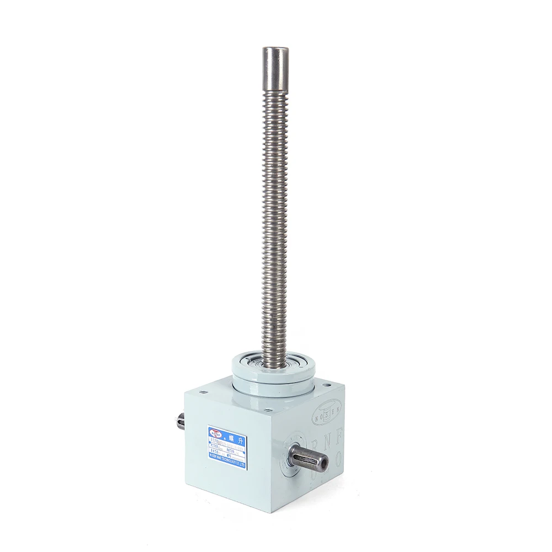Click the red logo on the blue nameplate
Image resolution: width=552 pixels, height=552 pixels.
(215, 434)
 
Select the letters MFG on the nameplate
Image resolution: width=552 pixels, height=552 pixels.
(229, 456)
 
